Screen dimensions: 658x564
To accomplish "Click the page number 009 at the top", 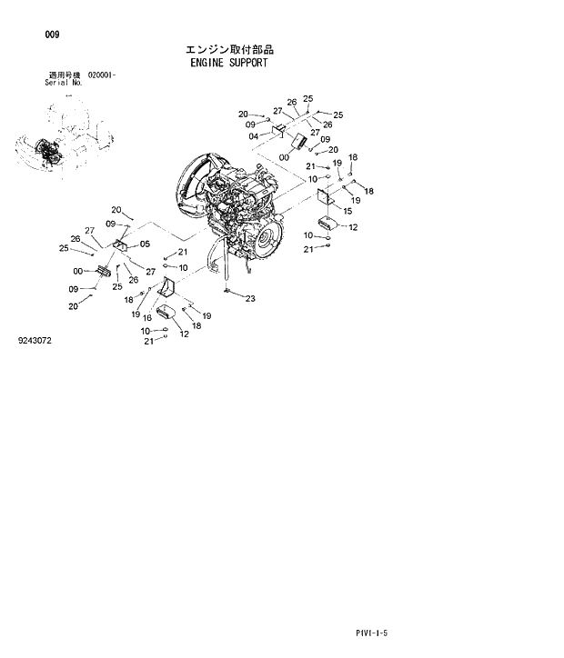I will tap(52, 35).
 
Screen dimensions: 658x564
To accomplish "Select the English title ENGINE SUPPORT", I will tap(229, 65).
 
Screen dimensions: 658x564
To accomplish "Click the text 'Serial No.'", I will tap(64, 82).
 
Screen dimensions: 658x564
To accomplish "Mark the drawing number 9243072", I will tap(35, 341).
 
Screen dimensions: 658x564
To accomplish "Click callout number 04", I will tap(255, 136).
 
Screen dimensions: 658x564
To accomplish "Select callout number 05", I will tap(145, 244).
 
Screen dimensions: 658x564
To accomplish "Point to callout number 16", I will tap(146, 317).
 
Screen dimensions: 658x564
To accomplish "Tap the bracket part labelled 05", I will tap(121, 244).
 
